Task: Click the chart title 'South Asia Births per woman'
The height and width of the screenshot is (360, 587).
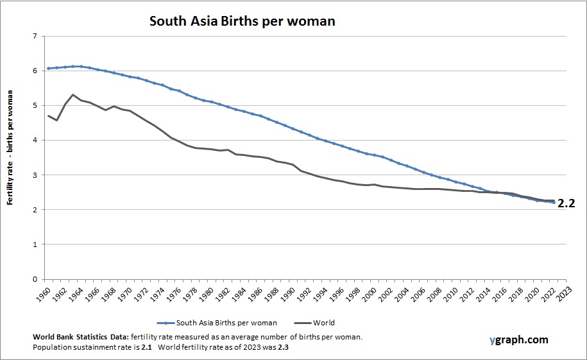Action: pos(242,21)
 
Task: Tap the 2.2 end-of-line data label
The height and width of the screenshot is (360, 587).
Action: pos(566,204)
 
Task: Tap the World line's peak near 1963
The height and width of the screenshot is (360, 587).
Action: pos(73,94)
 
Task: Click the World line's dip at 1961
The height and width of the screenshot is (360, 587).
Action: pos(57,120)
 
